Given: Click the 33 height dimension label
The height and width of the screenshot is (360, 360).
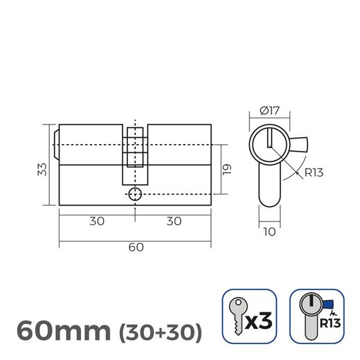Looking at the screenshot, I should (41, 168).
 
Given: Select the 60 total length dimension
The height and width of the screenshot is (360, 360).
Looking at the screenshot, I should (135, 247).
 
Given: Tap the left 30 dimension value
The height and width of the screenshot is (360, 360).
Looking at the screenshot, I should (97, 222).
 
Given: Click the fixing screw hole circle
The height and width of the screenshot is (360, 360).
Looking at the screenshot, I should (135, 195).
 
